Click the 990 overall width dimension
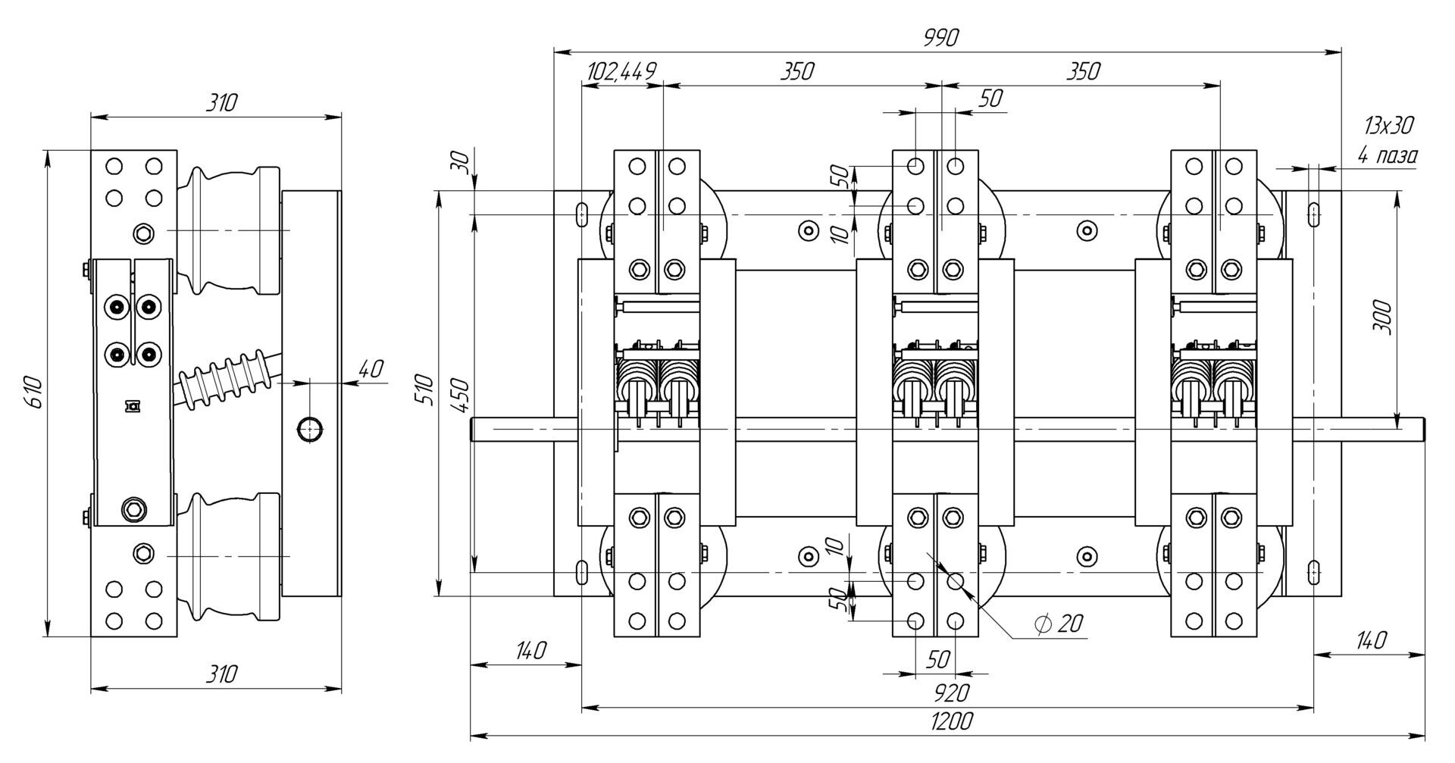pos(941,37)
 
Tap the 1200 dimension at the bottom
pos(951,721)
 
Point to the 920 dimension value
pos(951,693)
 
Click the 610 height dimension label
pos(36,392)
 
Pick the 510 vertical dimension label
pos(427,389)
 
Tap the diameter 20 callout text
pos(1058,624)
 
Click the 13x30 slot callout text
pos(1388,125)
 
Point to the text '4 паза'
pos(1388,156)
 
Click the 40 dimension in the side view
pos(371,369)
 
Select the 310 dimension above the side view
pos(222,102)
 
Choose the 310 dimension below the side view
pos(222,674)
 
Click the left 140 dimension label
pos(530,651)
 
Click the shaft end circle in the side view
pos(310,428)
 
